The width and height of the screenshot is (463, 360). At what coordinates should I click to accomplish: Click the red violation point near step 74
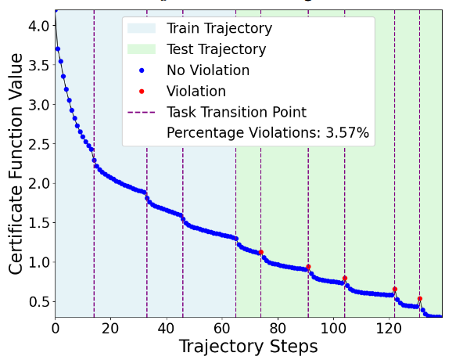tap(261, 252)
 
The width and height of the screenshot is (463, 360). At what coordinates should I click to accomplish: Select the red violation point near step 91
tap(309, 267)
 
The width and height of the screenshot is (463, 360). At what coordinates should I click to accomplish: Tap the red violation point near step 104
tap(345, 278)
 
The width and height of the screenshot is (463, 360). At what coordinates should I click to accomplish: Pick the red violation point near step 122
tap(395, 289)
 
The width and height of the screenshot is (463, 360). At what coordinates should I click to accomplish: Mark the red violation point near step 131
tap(420, 299)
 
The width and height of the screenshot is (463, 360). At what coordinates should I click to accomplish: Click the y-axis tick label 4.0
tap(38, 26)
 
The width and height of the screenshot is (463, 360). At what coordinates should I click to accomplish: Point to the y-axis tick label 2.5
tap(38, 144)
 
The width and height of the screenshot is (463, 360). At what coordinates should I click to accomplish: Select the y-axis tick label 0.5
tap(38, 302)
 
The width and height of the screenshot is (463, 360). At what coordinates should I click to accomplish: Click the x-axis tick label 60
tap(222, 329)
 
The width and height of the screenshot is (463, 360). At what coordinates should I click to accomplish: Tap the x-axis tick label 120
tap(389, 329)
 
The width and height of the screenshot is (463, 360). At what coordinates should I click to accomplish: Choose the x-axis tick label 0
tap(56, 329)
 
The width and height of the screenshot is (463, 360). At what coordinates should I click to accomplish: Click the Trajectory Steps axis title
tap(249, 347)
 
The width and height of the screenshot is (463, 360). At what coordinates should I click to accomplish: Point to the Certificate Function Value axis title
tap(16, 164)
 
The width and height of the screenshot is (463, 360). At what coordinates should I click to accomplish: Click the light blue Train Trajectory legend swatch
tap(142, 28)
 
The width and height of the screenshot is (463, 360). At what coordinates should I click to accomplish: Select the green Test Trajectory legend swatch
tap(142, 49)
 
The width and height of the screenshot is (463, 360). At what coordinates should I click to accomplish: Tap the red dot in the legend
tap(142, 92)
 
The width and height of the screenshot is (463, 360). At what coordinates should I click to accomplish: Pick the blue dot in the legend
tap(142, 70)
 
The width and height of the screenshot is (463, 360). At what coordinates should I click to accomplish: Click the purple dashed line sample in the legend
tap(142, 113)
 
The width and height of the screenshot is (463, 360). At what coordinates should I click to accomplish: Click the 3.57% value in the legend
tap(347, 133)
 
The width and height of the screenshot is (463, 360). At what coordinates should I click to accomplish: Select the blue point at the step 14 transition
tap(94, 160)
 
